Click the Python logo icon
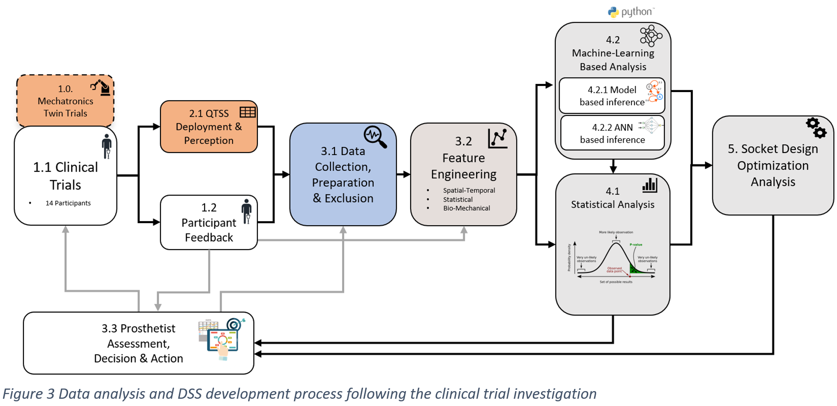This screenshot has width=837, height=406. [x=613, y=12]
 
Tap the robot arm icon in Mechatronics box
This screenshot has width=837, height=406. [x=101, y=87]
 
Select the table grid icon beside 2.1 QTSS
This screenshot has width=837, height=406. [x=247, y=112]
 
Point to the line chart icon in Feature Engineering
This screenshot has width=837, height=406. [x=497, y=138]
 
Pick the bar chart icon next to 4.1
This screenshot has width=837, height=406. [x=649, y=185]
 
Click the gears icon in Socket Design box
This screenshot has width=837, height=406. [x=816, y=128]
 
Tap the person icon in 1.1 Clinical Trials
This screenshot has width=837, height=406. [x=107, y=146]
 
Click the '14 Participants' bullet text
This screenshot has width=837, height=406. [x=68, y=203]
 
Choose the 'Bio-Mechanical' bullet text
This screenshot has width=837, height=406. [x=466, y=208]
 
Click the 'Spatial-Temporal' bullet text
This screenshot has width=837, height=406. [x=469, y=190]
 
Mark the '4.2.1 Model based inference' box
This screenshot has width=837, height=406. [x=612, y=96]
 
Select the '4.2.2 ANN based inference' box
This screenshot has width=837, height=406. [x=612, y=133]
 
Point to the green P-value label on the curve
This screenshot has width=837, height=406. [x=636, y=245]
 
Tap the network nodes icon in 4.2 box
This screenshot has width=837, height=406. [x=651, y=36]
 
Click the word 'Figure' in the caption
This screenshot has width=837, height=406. [x=23, y=394]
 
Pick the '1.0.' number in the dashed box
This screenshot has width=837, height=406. [x=65, y=89]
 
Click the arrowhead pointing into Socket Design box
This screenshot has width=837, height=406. [x=708, y=165]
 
